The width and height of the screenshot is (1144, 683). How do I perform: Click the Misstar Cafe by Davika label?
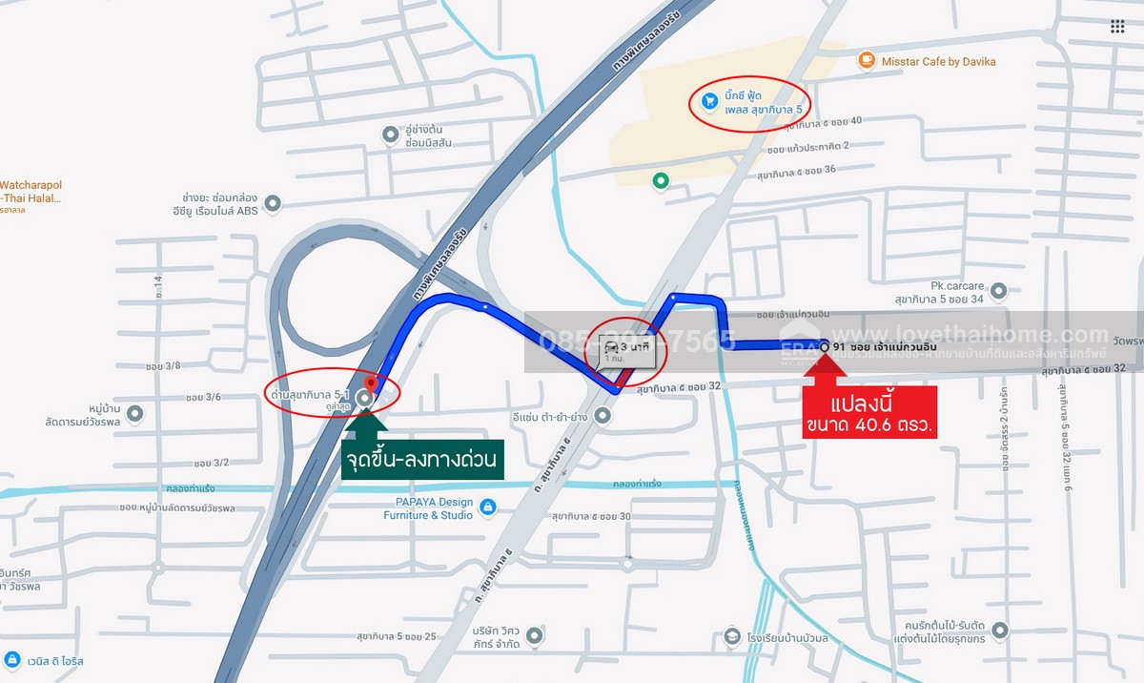(x=938, y=62)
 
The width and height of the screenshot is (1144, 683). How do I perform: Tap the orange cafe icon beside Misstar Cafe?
(x=866, y=61)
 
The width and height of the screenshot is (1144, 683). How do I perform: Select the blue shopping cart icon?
(x=709, y=100)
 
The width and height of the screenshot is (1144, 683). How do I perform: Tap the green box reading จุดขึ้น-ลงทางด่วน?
(x=421, y=462)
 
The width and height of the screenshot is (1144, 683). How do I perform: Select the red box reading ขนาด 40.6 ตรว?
(x=869, y=412)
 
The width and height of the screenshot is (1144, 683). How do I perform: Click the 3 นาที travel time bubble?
(x=626, y=351)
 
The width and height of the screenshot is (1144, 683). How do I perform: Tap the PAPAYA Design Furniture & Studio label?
(x=428, y=508)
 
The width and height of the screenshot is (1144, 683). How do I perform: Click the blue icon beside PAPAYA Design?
(x=488, y=507)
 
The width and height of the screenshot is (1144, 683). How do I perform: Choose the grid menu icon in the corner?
(x=1117, y=27)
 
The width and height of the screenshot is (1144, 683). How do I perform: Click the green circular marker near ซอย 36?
(x=659, y=179)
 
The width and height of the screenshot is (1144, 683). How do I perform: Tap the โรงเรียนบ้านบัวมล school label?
(x=788, y=637)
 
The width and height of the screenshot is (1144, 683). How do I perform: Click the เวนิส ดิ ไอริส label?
(x=57, y=660)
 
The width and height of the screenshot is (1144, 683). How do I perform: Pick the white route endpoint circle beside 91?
(x=824, y=347)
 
